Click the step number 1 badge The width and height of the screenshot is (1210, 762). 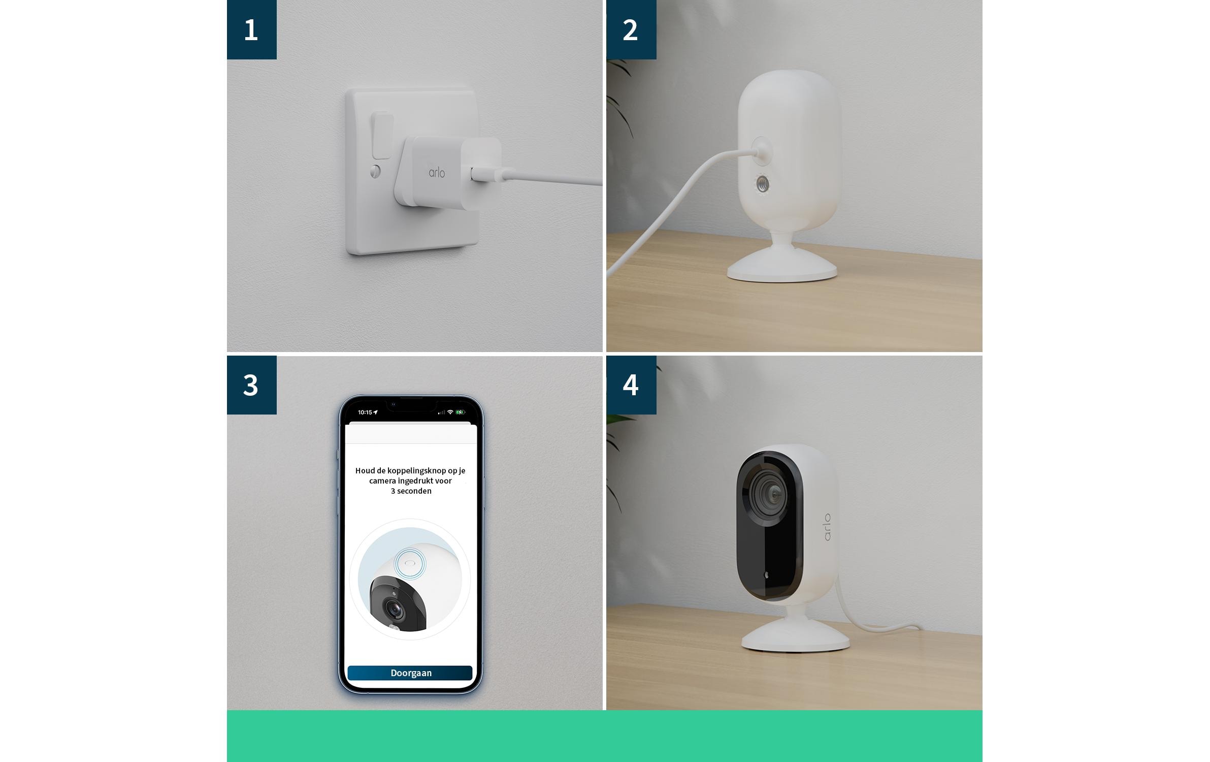pyautogui.click(x=251, y=29)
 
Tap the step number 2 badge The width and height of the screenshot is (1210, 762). pyautogui.click(x=631, y=29)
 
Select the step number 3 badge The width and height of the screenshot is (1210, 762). pyautogui.click(x=251, y=385)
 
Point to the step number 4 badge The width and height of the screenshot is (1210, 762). pyautogui.click(x=631, y=385)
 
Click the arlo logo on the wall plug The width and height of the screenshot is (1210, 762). pyautogui.click(x=437, y=173)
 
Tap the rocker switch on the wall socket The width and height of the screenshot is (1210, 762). pyautogui.click(x=382, y=136)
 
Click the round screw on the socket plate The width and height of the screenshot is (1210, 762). pyautogui.click(x=375, y=171)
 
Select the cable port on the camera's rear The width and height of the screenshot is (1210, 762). pyautogui.click(x=761, y=150)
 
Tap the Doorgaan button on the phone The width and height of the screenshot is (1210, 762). pyautogui.click(x=410, y=673)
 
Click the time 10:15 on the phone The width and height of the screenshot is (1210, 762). pyautogui.click(x=365, y=412)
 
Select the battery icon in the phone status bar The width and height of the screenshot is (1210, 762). pyautogui.click(x=460, y=412)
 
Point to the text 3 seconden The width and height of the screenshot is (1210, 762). pyautogui.click(x=411, y=491)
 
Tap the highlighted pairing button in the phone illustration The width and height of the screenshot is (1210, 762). pyautogui.click(x=410, y=563)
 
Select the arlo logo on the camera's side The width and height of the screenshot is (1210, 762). pyautogui.click(x=827, y=527)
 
